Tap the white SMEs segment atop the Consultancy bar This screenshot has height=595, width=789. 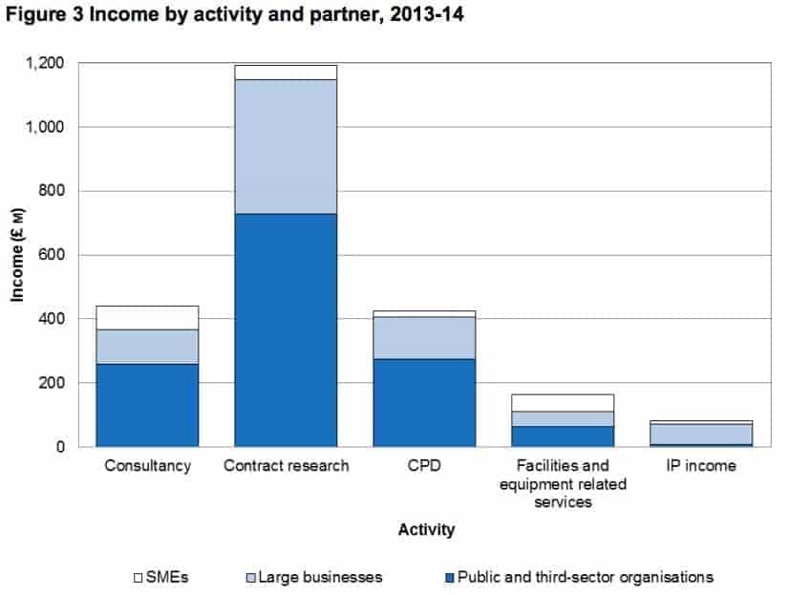pos(147,318)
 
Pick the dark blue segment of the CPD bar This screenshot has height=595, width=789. pos(424,402)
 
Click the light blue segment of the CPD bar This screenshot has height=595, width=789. pos(424,337)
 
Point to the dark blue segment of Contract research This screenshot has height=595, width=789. pos(286,329)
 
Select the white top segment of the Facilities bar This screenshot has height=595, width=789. pos(563,402)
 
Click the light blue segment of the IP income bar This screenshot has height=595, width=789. pos(702,434)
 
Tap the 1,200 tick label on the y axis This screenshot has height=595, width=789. pos(45,63)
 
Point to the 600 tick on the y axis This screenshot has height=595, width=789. pos(53,255)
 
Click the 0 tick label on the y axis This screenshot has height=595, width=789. pos(60,446)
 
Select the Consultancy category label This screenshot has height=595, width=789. pos(147,467)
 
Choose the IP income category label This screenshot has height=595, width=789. pos(702,467)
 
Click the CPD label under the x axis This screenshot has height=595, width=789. pos(424,467)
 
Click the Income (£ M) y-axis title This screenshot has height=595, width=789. pos(18,255)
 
